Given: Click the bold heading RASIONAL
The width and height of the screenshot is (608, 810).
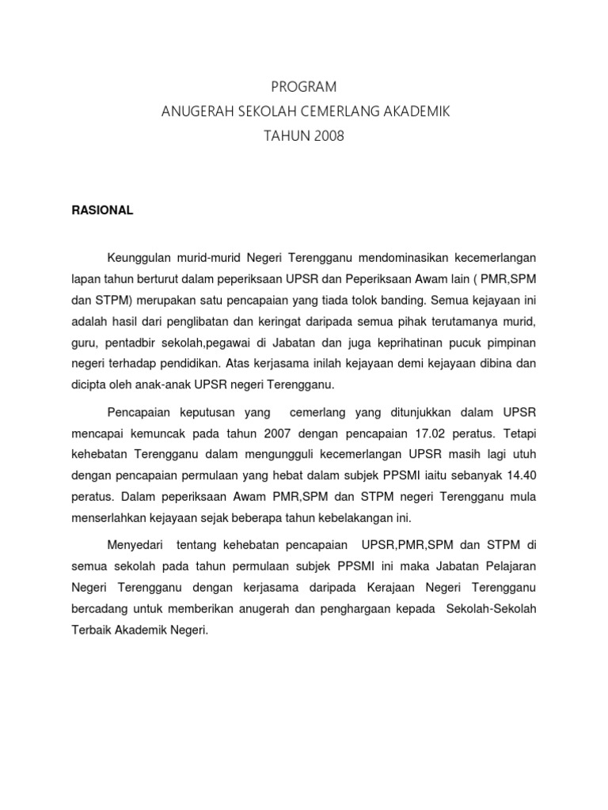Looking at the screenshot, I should (x=103, y=210).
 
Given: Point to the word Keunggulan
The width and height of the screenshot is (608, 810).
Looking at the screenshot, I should (x=141, y=257).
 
